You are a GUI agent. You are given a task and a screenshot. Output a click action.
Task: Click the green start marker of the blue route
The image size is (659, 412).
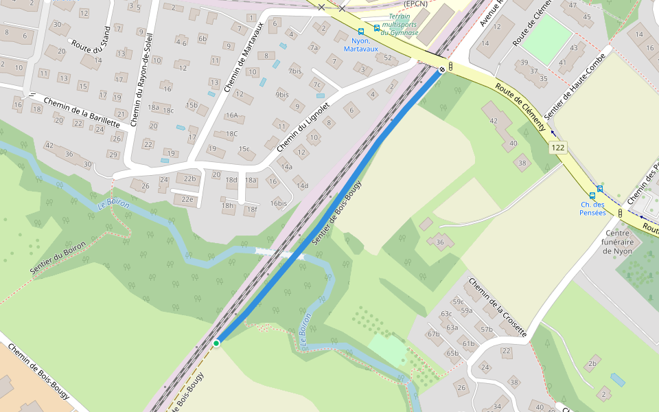tap(216, 343)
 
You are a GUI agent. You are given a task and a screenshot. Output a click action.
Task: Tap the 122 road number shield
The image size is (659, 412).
tap(557, 148)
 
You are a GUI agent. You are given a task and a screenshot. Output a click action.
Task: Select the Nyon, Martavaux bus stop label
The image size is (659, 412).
tap(360, 45)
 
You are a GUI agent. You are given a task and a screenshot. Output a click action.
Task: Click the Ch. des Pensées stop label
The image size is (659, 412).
tap(592, 208)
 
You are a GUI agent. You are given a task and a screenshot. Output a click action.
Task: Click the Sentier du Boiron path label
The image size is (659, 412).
tap(58, 258)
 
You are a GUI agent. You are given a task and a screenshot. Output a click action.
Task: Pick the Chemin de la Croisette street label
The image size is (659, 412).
tap(498, 306)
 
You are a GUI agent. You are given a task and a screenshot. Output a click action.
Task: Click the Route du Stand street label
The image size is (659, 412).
tap(91, 47)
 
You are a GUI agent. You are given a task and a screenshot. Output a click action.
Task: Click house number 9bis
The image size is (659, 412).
tap(282, 94)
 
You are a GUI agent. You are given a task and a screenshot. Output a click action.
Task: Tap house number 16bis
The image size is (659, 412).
tap(278, 203)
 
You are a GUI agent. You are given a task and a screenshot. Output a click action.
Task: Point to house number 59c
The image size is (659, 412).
tap(458, 301)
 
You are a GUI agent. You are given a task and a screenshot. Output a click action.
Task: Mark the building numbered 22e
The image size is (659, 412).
tap(187, 199)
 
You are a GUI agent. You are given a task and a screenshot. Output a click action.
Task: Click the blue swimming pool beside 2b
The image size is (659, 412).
tap(618, 379)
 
